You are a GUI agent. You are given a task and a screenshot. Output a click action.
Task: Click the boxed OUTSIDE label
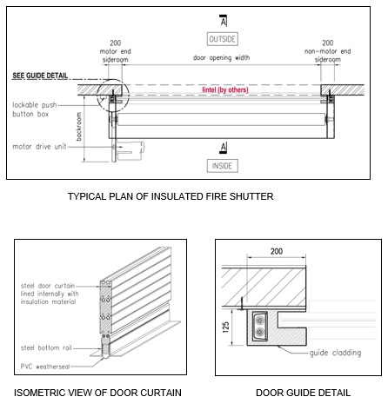coord(223,39)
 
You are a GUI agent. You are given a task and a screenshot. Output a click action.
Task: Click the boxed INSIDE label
coord(223,166)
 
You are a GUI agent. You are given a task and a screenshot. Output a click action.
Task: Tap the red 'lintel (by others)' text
coord(225,89)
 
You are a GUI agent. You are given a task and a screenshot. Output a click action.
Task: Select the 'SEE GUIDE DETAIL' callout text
coord(40,76)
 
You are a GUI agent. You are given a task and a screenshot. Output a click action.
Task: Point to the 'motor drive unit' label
coord(39,147)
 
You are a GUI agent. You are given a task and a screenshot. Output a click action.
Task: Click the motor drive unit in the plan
coord(128,150)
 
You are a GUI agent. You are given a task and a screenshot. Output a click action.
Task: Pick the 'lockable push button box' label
coord(35,109)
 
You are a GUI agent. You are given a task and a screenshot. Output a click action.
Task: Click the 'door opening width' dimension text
coord(221,57)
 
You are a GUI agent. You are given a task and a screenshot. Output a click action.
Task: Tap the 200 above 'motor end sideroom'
coord(116,43)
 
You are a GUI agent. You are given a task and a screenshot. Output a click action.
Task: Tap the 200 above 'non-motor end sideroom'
coord(328,43)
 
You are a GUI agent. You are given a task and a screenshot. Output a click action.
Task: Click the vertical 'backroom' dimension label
coord(79,127)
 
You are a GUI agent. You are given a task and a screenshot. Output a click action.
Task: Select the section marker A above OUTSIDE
coord(224,21)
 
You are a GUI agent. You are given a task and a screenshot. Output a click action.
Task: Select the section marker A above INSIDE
coord(224,148)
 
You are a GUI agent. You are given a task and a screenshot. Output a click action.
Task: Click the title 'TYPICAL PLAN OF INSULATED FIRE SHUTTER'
coord(171,196)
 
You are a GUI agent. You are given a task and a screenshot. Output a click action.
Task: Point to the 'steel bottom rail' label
coord(46,347)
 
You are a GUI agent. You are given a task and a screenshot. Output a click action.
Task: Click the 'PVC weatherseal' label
coord(45,367)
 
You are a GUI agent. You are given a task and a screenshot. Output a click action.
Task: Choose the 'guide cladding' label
coord(335,353)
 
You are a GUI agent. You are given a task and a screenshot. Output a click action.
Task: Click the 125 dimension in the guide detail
coord(226,327)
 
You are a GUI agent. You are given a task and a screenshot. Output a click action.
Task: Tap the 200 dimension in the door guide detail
coord(277,251)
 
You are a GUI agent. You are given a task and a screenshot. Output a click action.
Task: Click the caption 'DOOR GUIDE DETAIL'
coord(303,393)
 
